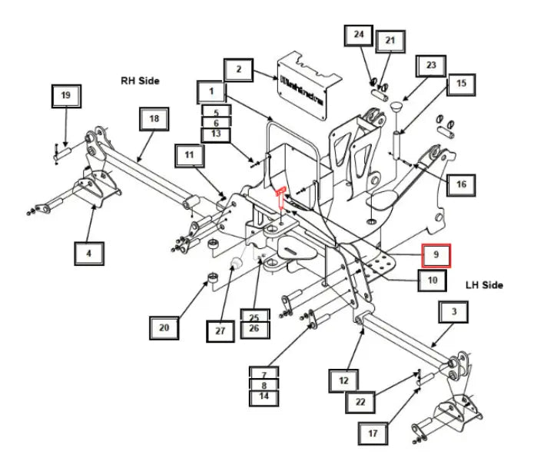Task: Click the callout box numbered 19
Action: [x=65, y=96]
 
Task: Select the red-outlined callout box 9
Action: [x=436, y=253]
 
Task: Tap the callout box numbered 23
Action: [x=430, y=65]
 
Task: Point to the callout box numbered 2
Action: [x=239, y=71]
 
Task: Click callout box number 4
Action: [x=90, y=253]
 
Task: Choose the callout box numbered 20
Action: [x=164, y=328]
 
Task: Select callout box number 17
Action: [x=373, y=433]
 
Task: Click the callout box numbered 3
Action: [x=455, y=313]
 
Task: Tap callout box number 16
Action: [x=461, y=184]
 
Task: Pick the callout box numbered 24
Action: [x=358, y=35]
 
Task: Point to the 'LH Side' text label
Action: [x=484, y=285]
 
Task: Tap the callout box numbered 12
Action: [x=344, y=380]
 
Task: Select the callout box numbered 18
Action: [x=154, y=119]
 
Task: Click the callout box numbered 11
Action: [x=190, y=155]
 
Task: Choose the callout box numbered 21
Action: [x=389, y=40]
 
